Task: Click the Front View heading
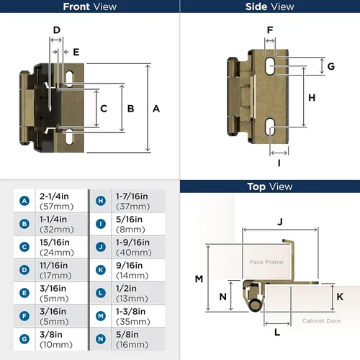90,6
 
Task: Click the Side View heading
270,6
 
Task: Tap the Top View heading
270,186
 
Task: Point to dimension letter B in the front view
130,109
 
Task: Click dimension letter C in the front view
104,109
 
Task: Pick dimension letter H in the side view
312,97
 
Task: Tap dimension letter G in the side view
330,66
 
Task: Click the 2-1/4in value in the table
55,196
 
